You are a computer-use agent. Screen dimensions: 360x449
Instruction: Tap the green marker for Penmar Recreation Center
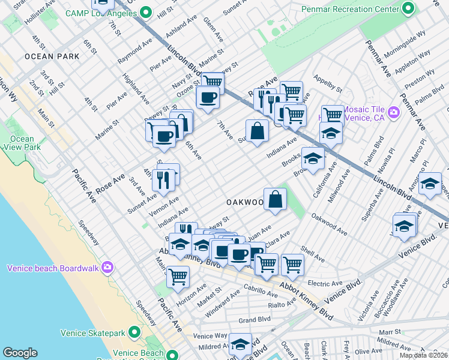408,9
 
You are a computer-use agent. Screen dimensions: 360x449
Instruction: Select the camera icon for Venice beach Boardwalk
107,267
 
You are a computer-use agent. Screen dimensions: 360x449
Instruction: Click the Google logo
20,353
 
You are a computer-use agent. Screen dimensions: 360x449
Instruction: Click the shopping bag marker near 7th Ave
257,130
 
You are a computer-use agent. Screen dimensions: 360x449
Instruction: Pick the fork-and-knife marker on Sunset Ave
162,179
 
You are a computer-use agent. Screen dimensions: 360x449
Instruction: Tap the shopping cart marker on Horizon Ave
178,276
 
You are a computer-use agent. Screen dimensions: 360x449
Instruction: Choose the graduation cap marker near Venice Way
240,344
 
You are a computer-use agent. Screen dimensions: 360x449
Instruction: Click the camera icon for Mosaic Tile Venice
394,112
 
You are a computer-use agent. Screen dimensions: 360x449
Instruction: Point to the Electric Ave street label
324,283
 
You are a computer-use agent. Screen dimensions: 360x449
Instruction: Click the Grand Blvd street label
254,320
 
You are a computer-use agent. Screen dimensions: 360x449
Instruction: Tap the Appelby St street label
327,85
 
